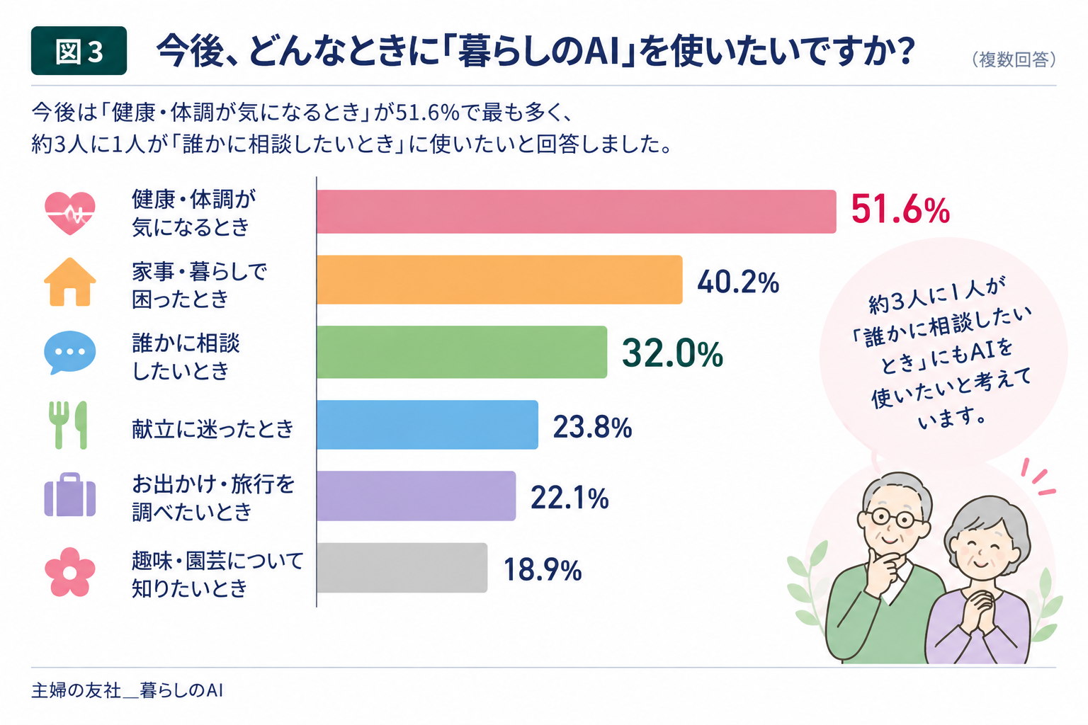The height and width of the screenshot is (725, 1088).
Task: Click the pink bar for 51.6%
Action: [x=576, y=212]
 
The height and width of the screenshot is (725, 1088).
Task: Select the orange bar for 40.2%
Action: [x=499, y=280]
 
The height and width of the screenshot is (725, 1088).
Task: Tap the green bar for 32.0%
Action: [x=461, y=352]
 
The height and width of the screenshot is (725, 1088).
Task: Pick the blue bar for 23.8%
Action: [x=427, y=425]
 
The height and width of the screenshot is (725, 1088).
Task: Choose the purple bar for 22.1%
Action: [x=416, y=496]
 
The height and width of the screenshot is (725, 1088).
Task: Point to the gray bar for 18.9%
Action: [x=402, y=568]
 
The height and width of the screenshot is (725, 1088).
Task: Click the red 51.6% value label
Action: [x=900, y=210]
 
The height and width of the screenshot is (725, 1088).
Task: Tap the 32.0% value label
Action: [x=672, y=353]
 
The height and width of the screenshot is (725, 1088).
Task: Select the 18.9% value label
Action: [x=542, y=570]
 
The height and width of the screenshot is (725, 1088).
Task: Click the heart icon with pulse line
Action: [x=70, y=213]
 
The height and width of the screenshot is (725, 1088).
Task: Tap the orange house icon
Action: [x=70, y=282]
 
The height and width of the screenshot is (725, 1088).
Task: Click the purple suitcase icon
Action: [x=70, y=495]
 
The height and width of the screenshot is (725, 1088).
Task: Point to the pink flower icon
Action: [x=69, y=572]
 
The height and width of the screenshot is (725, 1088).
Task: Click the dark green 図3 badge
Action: [x=79, y=50]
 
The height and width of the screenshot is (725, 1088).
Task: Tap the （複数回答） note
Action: [x=1014, y=59]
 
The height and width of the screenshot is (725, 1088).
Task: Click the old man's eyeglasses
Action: [x=892, y=519]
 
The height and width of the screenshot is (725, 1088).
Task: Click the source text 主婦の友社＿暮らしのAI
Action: [x=127, y=690]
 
